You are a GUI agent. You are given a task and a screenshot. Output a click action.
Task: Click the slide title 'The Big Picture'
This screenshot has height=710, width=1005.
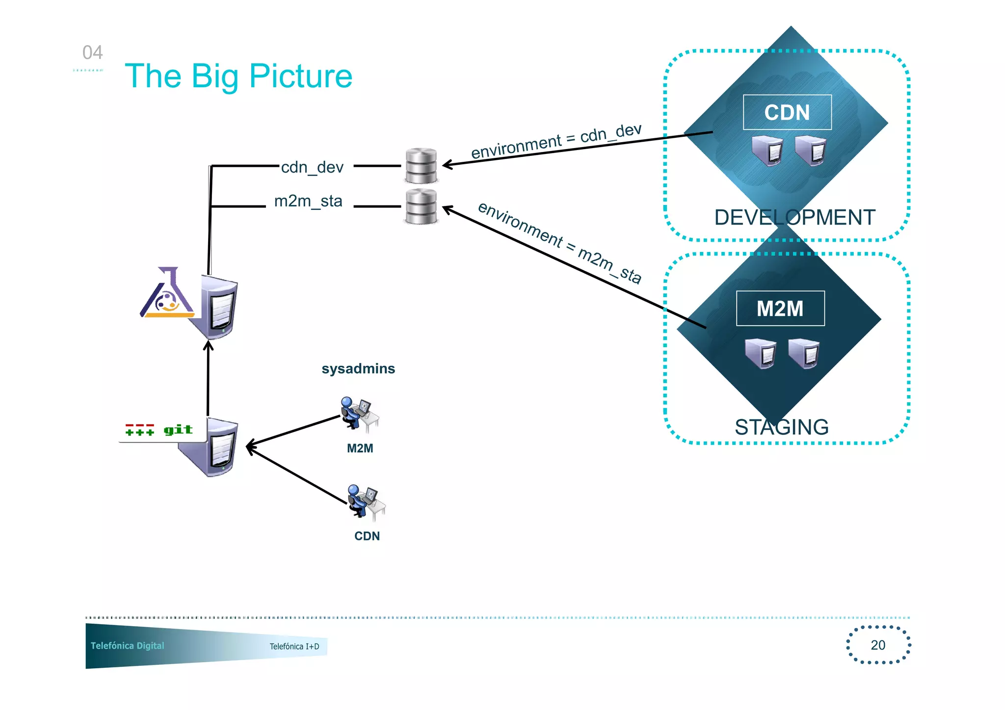238,76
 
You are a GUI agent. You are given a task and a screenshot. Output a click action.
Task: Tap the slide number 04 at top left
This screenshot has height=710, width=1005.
92,52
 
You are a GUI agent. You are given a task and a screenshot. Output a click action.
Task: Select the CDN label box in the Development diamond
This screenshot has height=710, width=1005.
787,112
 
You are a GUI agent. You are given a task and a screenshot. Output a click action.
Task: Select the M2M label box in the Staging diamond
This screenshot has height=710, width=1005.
780,308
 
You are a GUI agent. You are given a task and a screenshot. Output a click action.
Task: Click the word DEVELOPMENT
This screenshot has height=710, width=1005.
794,217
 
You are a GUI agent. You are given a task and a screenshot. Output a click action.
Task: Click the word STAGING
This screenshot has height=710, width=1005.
781,427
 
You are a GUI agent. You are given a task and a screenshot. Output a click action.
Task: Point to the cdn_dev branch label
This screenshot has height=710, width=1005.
312,167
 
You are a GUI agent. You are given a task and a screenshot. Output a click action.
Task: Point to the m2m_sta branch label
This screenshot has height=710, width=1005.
308,201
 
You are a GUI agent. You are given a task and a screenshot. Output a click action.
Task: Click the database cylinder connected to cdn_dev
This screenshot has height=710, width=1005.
421,165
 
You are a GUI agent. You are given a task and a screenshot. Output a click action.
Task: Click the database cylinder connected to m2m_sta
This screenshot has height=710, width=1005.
421,206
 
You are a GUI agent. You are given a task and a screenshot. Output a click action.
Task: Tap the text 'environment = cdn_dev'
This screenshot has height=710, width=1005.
556,141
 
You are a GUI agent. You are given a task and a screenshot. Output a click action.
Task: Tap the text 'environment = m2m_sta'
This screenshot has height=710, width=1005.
559,242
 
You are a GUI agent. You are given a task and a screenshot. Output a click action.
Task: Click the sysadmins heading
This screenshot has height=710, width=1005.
358,369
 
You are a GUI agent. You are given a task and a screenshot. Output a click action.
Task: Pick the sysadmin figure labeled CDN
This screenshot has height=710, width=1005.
366,502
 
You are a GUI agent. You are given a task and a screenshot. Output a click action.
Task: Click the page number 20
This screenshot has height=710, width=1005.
878,645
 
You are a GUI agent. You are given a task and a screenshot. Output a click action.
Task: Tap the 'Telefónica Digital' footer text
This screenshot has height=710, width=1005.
128,646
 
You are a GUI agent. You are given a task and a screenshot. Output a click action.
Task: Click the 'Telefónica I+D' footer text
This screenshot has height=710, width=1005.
294,646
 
